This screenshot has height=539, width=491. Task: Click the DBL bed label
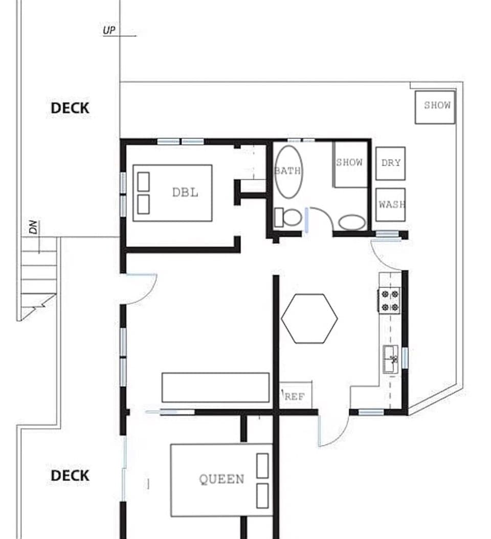185,193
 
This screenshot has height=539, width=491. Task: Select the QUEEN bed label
221,479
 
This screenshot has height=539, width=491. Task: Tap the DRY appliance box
391,163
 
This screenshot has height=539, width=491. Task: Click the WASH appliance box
391,205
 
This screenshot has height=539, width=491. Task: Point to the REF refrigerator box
295,396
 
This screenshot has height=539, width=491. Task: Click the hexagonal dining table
309,318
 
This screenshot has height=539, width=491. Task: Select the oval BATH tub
288,171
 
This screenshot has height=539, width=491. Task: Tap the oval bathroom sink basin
352,222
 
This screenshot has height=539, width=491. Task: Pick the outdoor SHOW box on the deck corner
435,107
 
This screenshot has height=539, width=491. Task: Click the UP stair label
109,31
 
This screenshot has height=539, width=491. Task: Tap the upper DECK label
70,108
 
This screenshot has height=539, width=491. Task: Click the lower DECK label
70,476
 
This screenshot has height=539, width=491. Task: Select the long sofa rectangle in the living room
215,387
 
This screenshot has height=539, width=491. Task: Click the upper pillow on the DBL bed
144,182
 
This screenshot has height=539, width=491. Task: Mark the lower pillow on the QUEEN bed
262,496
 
